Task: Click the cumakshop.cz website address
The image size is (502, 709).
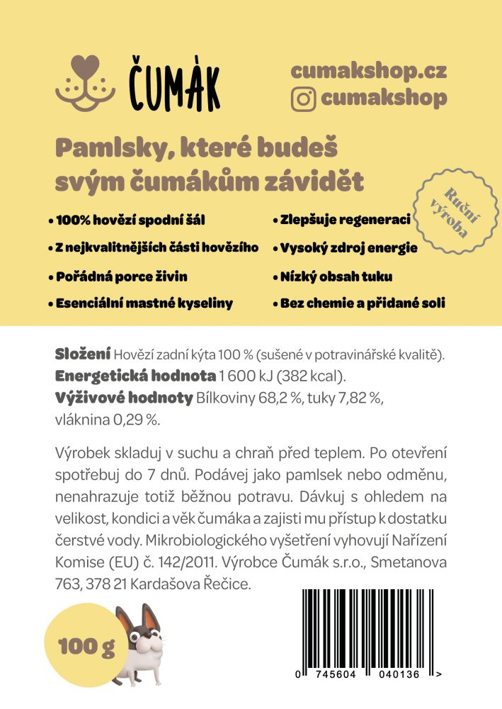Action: pyautogui.click(x=368, y=71)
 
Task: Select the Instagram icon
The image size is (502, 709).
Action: pyautogui.click(x=303, y=99)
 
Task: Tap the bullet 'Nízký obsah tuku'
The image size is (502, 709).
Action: pyautogui.click(x=336, y=276)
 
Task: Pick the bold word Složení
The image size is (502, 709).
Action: pyautogui.click(x=83, y=354)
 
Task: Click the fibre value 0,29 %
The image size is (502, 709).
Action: pyautogui.click(x=137, y=420)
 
